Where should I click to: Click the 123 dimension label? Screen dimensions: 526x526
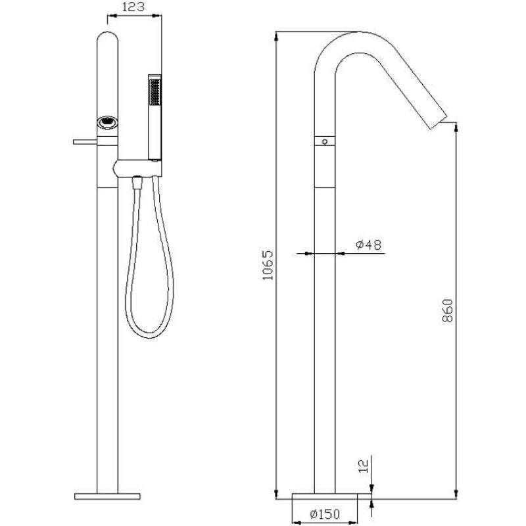pyautogui.click(x=133, y=7)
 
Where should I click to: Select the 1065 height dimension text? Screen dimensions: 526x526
pyautogui.click(x=268, y=266)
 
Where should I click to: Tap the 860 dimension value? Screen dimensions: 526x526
pyautogui.click(x=448, y=310)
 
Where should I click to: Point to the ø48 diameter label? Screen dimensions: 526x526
pyautogui.click(x=369, y=245)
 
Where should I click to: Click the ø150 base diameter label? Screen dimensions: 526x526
pyautogui.click(x=325, y=514)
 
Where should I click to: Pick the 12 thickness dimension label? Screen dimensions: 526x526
pyautogui.click(x=364, y=466)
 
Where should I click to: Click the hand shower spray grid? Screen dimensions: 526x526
pyautogui.click(x=155, y=91)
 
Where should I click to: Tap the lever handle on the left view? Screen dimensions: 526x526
pyautogui.click(x=85, y=142)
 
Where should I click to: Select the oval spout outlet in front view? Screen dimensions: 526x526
pyautogui.click(x=107, y=122)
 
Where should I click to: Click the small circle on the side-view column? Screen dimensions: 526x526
pyautogui.click(x=324, y=141)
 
